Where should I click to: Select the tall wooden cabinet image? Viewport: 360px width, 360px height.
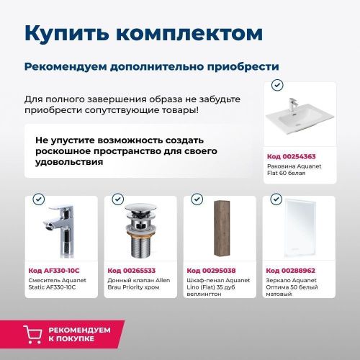tap(218, 230)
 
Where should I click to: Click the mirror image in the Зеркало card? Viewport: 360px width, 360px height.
tap(297, 230)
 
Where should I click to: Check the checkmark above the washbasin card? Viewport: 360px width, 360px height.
tap(276, 85)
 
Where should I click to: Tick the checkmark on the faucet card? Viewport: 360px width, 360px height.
tap(39, 199)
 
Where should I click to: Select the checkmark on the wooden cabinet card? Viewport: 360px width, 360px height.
tap(197, 199)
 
